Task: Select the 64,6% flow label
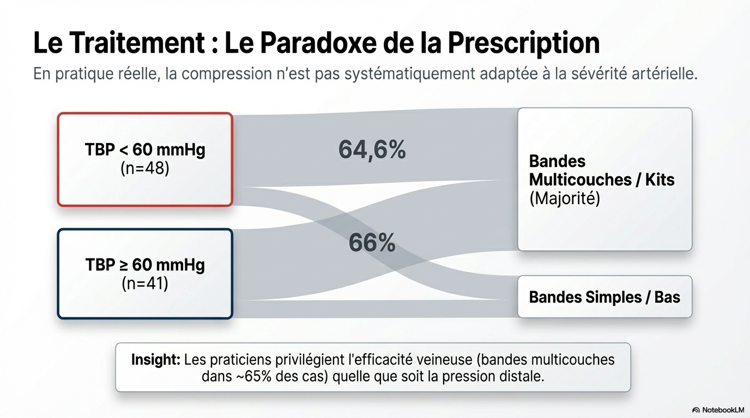pos(372,149)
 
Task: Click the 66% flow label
pos(372,243)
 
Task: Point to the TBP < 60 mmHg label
pos(145,150)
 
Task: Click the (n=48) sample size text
pos(145,168)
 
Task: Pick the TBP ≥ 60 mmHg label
pos(145,265)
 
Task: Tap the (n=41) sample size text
pos(145,284)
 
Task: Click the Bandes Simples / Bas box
pos(604,297)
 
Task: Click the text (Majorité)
pos(565,198)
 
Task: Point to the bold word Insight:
pos(155,360)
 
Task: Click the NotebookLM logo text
pos(723,410)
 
